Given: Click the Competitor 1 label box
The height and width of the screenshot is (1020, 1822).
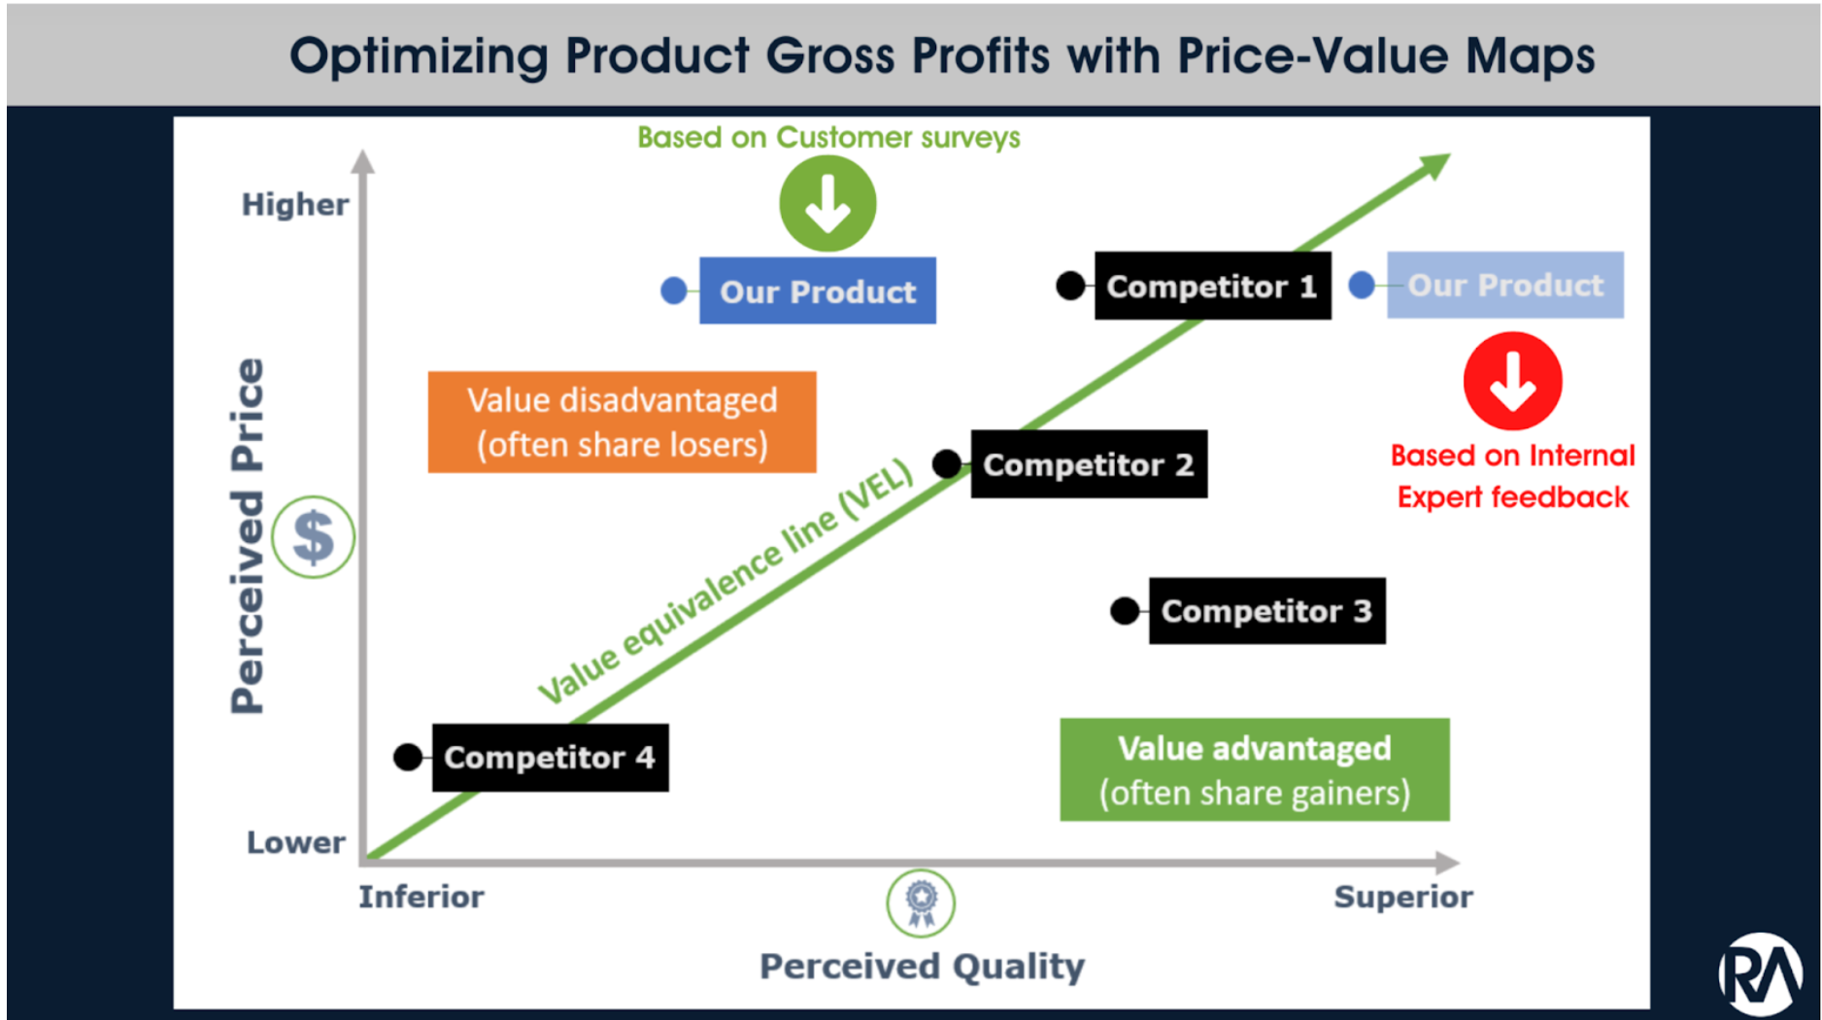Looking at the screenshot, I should point(1212,286).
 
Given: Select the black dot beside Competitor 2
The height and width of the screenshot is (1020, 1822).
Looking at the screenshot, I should point(947,463).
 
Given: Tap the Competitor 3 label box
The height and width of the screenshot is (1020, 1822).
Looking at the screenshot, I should point(1266,611).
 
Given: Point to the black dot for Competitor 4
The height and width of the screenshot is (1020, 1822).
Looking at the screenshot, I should point(408,757).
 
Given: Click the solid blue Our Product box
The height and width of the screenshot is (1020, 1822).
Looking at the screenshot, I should point(817,290).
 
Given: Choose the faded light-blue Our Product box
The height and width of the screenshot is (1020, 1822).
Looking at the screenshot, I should point(1504,285).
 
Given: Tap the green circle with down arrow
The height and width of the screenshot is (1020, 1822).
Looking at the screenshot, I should point(827,204).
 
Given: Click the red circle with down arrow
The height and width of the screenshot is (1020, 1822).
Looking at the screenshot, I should point(1512,381).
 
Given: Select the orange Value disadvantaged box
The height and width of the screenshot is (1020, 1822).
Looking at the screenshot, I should point(622,422).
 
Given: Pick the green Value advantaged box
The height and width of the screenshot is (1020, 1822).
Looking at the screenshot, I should point(1254,769).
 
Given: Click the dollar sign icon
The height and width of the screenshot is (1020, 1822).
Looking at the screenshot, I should point(313,536).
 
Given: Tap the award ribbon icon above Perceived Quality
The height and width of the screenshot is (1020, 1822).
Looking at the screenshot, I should point(921,902).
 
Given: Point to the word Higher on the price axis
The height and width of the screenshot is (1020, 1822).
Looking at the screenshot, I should point(294,205).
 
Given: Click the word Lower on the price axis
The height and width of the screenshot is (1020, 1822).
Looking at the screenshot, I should point(295,842).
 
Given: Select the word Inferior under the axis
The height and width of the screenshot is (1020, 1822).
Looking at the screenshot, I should point(421,897).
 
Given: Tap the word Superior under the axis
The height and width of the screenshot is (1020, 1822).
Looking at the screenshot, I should point(1402,897).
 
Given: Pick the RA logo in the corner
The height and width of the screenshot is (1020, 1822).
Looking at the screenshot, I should point(1760,974).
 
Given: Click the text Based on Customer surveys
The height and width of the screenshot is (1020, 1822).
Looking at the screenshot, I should point(827,137).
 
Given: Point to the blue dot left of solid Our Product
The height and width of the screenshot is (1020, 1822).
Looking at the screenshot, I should point(673,289).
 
